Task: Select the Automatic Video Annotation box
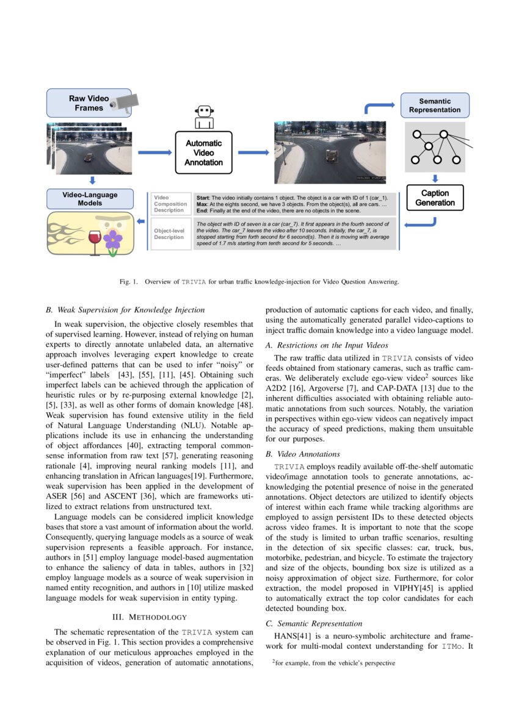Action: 204,153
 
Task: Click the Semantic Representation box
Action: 435,106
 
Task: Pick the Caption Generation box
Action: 435,198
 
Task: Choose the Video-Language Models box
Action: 90,199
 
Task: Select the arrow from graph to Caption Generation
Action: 435,178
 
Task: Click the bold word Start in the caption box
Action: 203,199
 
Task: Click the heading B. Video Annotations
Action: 302,454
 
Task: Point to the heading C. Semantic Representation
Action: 314,623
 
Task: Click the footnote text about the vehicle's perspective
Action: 334,662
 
